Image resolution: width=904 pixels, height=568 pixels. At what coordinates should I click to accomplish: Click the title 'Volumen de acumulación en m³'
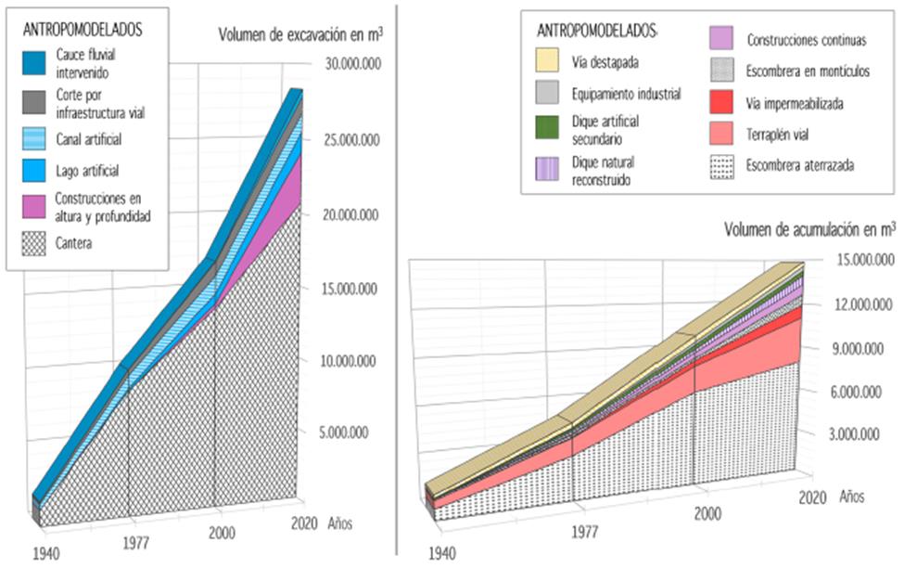[x=809, y=228]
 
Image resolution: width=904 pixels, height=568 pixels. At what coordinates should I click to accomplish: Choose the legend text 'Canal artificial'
[x=89, y=140]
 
